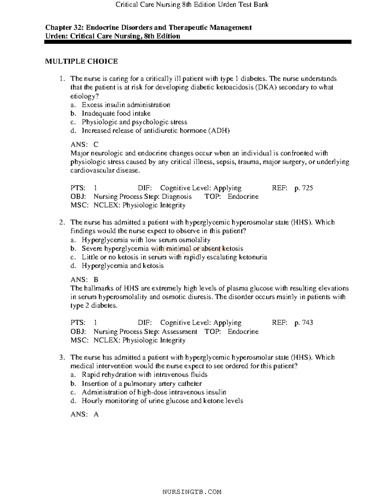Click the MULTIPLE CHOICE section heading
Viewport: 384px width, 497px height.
click(x=81, y=61)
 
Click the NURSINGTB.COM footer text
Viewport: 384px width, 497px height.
click(x=192, y=492)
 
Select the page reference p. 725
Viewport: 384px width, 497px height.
click(x=303, y=188)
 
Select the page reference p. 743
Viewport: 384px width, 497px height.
click(x=303, y=323)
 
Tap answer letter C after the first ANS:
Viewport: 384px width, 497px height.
click(x=96, y=145)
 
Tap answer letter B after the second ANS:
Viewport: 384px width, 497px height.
click(x=96, y=279)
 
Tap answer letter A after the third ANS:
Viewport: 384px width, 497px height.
click(x=96, y=414)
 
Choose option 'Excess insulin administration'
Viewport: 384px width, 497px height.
click(x=126, y=105)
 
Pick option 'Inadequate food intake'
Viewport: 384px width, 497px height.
click(x=116, y=114)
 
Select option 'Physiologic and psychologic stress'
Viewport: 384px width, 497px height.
click(x=134, y=122)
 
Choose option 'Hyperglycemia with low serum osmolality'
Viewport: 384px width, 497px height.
click(x=146, y=240)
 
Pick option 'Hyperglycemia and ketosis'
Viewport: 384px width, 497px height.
click(x=123, y=266)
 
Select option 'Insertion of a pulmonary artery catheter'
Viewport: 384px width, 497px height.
click(x=142, y=383)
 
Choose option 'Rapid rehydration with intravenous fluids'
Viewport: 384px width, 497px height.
click(x=145, y=375)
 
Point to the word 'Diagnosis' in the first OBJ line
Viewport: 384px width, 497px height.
click(x=177, y=196)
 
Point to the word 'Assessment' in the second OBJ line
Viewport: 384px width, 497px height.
click(x=180, y=332)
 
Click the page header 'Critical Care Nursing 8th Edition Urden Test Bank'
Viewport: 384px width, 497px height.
click(x=192, y=4)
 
